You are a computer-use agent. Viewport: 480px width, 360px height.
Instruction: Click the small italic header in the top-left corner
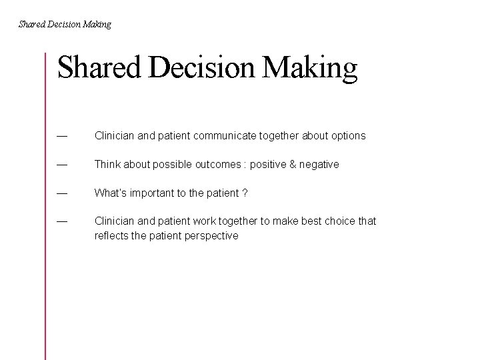[x=65, y=25]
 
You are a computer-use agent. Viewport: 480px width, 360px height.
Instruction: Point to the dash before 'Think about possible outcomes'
[x=62, y=165]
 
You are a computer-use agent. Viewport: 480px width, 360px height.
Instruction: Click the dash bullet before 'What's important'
[x=62, y=193]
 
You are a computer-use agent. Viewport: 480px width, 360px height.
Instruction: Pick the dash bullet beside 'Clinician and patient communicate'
[x=62, y=136]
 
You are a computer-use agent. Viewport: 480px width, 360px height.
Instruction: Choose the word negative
[x=319, y=165]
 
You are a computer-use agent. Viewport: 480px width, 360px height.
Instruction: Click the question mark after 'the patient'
[x=245, y=193]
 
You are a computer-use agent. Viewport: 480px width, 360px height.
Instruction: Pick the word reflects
[x=112, y=236]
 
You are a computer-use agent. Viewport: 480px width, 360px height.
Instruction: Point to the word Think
[x=107, y=165]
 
